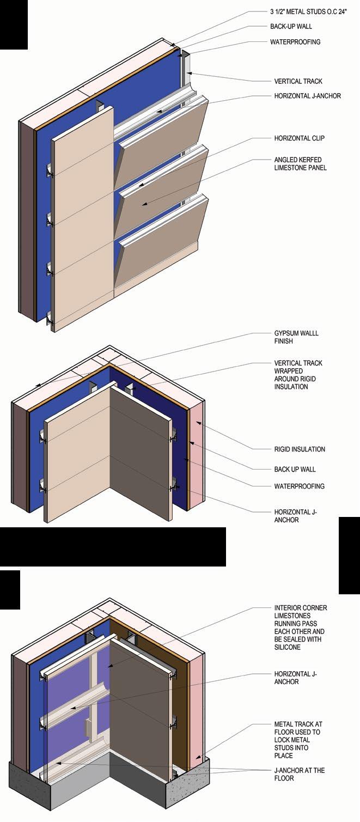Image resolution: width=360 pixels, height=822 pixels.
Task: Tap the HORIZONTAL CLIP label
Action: [x=299, y=138]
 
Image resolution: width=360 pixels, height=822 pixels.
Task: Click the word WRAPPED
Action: [x=289, y=371]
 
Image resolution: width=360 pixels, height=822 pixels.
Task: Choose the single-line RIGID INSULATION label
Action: [x=300, y=449]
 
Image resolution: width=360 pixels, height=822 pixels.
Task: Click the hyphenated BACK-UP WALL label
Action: [x=291, y=26]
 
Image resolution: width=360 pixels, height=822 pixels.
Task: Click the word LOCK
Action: [x=283, y=748]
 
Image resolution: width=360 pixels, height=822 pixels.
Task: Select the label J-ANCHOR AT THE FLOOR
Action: [x=300, y=774]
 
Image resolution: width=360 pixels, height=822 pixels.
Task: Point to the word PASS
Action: [x=315, y=624]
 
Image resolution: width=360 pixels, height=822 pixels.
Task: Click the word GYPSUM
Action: [x=288, y=333]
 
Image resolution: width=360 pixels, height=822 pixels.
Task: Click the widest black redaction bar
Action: [x=113, y=546]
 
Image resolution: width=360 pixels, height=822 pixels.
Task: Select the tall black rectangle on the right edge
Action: [x=349, y=555]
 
